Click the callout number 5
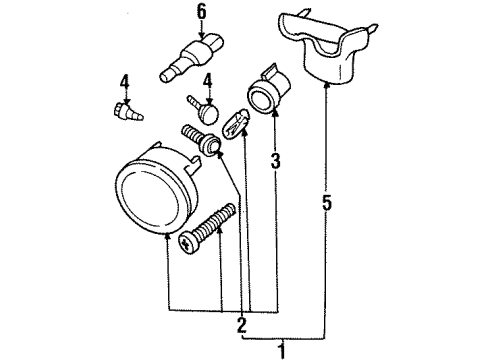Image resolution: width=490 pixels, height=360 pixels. [x=328, y=204]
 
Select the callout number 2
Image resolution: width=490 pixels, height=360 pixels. [x=241, y=323]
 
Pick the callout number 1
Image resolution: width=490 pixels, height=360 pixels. [x=282, y=350]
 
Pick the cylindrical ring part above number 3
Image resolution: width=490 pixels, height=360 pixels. [x=268, y=93]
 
